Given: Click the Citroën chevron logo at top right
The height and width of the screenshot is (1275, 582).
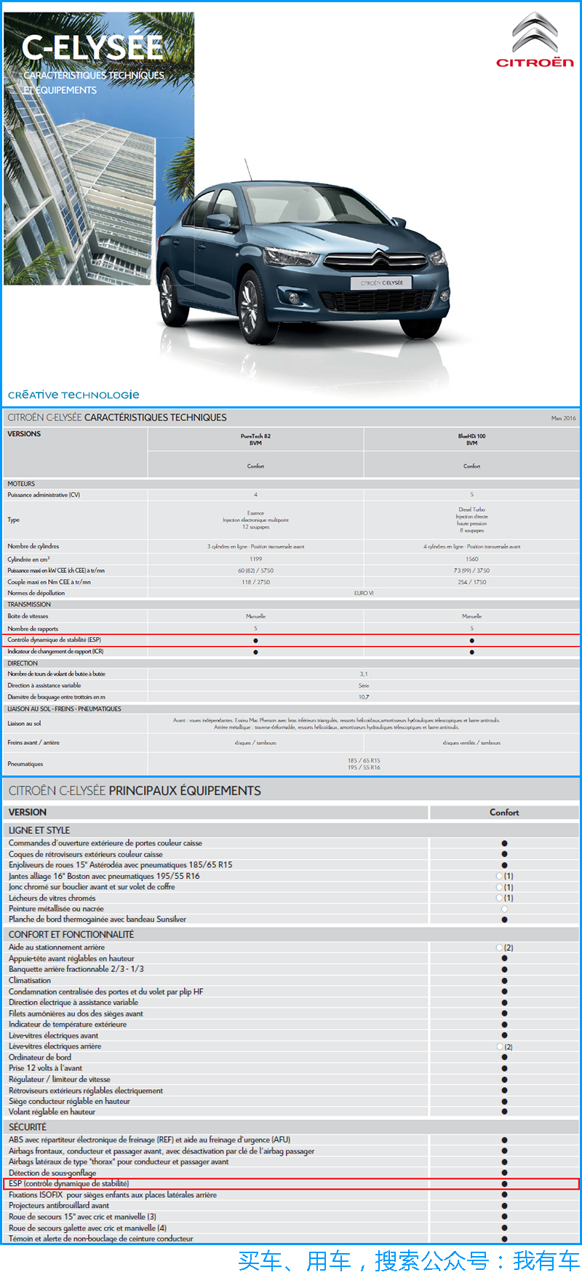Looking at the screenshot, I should click(535, 33).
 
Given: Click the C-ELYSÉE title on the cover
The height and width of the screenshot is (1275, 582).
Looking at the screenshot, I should click(92, 48).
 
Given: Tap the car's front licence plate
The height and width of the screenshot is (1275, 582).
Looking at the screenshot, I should click(382, 283).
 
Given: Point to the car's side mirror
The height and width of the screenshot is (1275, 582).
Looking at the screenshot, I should click(218, 221).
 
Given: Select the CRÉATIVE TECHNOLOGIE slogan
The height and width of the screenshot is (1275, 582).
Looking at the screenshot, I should click(73, 395).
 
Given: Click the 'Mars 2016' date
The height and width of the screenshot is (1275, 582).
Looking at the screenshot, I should click(563, 418).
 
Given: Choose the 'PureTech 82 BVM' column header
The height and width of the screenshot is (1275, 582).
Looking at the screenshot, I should click(255, 440).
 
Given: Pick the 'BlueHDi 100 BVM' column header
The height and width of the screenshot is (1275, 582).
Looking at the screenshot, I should click(471, 440).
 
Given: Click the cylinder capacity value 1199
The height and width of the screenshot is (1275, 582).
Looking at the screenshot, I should click(255, 559).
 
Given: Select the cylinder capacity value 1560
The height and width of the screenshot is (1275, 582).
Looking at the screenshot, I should click(471, 559).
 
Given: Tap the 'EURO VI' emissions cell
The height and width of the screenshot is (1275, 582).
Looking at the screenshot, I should click(364, 593).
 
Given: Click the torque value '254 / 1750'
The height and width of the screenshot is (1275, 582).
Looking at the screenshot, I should click(471, 582).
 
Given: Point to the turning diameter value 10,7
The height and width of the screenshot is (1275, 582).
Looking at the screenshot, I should click(364, 697).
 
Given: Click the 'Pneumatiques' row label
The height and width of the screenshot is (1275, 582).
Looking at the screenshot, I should click(25, 764).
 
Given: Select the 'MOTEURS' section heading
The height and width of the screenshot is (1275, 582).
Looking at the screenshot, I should click(21, 483).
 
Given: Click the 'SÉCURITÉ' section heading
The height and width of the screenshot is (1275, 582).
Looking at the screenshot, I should click(28, 1126).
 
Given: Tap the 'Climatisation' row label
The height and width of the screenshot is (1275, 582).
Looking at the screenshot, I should click(30, 980).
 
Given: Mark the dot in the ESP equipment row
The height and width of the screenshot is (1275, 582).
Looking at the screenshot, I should click(504, 1184).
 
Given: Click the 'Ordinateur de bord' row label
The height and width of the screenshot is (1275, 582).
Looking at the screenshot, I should click(40, 1057).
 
